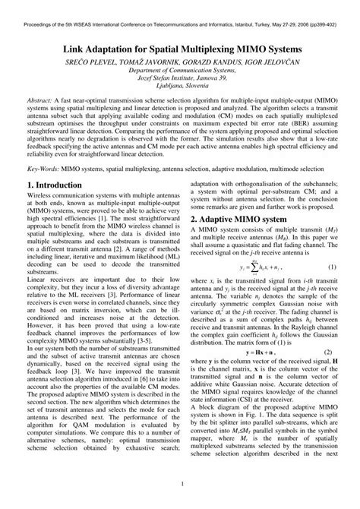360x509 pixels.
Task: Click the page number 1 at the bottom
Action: click(180, 485)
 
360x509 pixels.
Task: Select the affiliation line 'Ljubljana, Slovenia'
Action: click(180, 94)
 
